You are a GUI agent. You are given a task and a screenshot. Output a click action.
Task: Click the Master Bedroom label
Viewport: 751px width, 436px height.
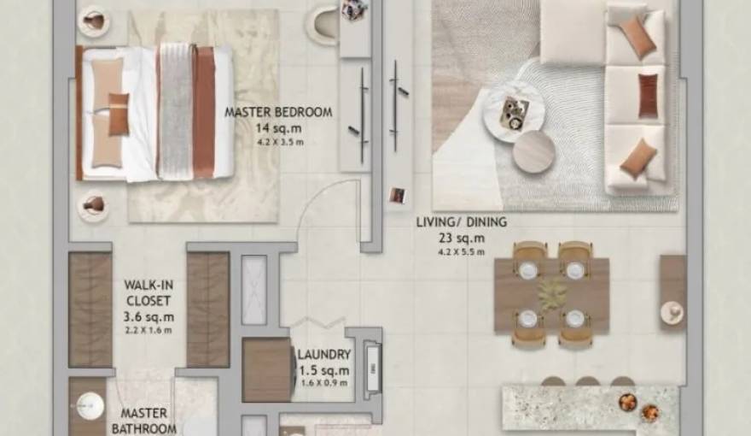tap(278, 112)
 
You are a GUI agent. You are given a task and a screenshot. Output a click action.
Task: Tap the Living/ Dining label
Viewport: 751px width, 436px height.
tap(461, 222)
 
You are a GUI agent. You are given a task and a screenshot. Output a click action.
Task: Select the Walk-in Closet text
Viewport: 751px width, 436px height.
tap(148, 292)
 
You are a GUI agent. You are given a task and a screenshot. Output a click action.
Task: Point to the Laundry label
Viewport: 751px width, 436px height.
tap(323, 354)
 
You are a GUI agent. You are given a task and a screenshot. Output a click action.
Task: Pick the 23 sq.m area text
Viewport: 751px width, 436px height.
tap(461, 238)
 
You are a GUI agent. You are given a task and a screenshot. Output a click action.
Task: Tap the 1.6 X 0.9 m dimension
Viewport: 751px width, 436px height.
tap(323, 384)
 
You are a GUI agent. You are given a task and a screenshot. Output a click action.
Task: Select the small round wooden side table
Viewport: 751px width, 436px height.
tap(534, 152)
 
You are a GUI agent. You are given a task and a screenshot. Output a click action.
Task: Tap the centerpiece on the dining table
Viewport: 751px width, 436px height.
tap(552, 292)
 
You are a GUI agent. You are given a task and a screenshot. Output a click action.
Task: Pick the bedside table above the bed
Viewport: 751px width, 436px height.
tap(92, 21)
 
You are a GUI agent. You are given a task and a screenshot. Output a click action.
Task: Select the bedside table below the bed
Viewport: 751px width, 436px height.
tap(92, 205)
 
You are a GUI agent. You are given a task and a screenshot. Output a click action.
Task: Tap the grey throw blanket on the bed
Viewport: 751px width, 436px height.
tap(176, 111)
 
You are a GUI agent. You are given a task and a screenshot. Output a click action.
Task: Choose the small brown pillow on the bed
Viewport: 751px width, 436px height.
tap(119, 113)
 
